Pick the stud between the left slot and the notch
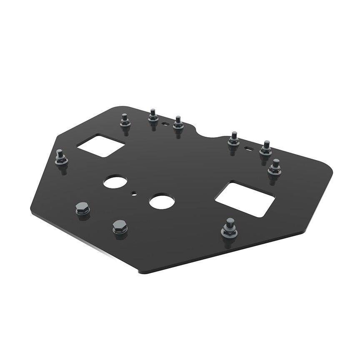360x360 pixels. tap(179, 124)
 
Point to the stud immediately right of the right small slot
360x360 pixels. tap(265, 148)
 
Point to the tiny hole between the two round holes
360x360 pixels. tap(134, 193)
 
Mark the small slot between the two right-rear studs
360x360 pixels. tap(249, 147)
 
